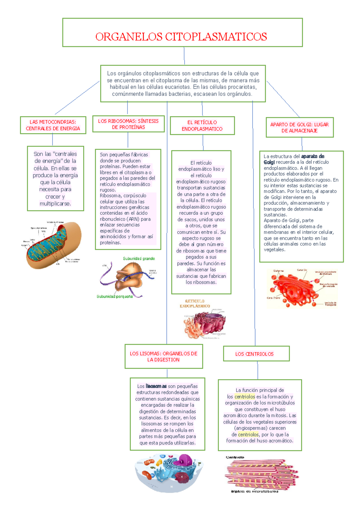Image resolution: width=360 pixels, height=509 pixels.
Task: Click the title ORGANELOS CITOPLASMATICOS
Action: click(181, 37)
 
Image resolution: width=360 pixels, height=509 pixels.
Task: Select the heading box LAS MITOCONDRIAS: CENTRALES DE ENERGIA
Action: click(53, 125)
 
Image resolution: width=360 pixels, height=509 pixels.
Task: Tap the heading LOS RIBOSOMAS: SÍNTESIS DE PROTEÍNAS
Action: click(128, 124)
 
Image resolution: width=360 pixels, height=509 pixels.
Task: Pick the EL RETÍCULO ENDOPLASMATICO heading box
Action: click(202, 126)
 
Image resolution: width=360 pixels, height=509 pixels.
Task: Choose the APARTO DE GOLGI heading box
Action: click(299, 127)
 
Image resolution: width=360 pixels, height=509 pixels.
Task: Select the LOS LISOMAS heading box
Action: click(163, 357)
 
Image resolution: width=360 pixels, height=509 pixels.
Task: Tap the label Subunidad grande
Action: click(139, 258)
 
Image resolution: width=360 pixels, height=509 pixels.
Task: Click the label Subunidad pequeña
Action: click(115, 296)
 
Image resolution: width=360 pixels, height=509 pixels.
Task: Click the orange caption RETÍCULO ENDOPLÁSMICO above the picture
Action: click(195, 303)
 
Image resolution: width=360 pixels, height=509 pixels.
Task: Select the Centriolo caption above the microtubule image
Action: click(235, 457)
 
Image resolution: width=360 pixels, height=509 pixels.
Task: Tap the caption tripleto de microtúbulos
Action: click(254, 491)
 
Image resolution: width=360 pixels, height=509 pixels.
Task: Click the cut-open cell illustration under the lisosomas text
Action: click(169, 473)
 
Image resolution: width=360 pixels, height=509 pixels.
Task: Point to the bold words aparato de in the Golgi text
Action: click(313, 156)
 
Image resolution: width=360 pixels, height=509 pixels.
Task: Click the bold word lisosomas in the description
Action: click(156, 386)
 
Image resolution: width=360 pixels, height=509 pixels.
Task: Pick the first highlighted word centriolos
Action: click(245, 397)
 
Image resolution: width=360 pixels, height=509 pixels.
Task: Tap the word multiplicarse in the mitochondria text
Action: click(55, 204)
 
